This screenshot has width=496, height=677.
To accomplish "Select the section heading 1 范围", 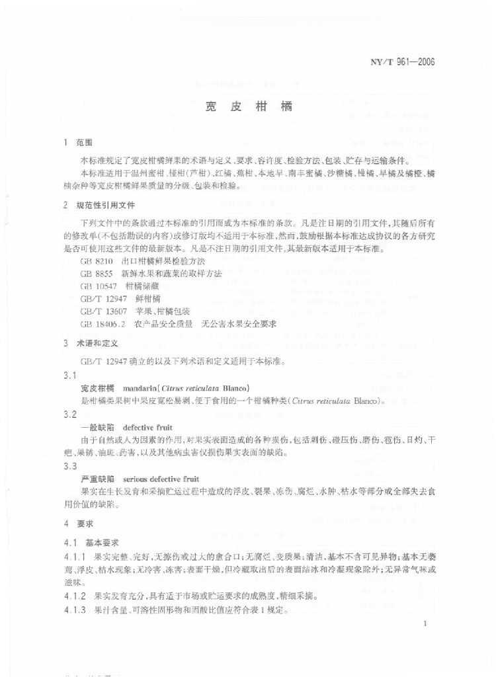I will click(78, 142).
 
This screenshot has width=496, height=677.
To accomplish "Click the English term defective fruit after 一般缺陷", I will click(147, 427).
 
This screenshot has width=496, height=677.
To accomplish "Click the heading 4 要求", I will click(78, 523).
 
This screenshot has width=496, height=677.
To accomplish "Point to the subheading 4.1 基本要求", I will click(89, 541).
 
